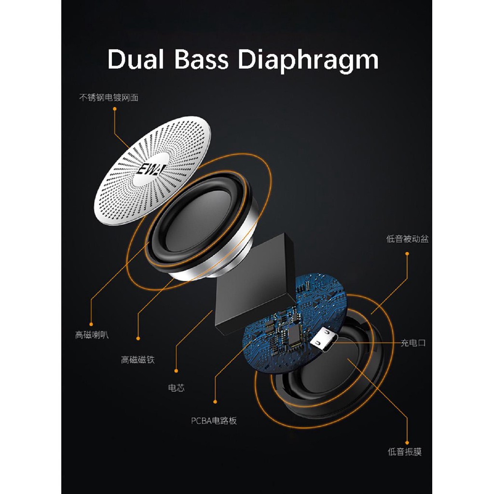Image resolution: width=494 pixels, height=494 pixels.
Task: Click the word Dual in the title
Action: [136, 59]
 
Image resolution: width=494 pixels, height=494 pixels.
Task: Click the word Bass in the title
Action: [201, 59]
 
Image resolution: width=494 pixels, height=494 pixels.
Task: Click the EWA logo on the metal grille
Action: [151, 169]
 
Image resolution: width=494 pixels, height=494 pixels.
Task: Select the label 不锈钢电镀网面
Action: [109, 97]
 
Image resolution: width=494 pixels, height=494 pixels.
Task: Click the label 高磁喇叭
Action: [92, 335]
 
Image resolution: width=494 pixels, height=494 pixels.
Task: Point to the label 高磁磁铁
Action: [138, 359]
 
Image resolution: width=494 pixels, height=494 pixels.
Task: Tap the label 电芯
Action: [177, 388]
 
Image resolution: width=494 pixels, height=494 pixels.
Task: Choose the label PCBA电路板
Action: [214, 421]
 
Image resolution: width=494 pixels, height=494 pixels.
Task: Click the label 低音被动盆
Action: [407, 239]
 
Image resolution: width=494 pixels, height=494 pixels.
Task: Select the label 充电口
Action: [413, 343]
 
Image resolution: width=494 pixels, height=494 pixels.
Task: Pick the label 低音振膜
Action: [405, 452]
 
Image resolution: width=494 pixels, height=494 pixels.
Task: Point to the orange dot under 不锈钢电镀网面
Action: [115, 109]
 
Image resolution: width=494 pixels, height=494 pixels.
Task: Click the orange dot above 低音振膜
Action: [407, 443]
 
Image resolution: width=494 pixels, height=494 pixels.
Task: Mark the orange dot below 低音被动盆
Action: [407, 254]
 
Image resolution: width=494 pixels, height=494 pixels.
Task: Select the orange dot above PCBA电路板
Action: [215, 402]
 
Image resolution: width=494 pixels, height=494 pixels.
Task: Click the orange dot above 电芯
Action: [176, 371]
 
